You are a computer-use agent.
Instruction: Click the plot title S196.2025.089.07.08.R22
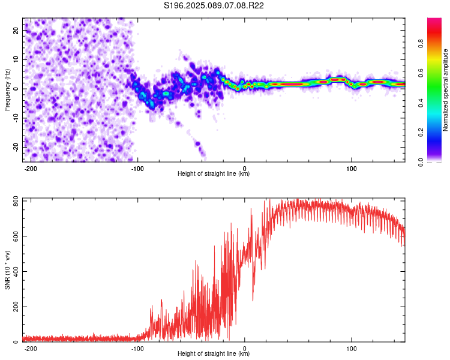click(214, 5)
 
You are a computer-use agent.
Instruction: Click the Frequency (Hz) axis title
click(7, 90)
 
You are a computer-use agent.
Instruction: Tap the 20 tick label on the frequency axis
click(16, 31)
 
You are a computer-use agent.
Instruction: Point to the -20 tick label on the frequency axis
click(16, 148)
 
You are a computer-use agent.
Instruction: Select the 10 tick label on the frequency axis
click(16, 60)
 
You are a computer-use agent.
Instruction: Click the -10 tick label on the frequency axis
click(16, 118)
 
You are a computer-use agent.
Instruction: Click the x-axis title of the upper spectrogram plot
click(214, 173)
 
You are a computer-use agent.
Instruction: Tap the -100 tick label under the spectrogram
click(137, 169)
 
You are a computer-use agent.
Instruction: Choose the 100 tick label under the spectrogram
click(351, 169)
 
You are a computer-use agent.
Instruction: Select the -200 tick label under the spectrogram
click(31, 169)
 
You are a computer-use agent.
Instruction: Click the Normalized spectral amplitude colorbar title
click(445, 90)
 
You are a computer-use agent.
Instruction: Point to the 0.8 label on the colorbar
click(421, 44)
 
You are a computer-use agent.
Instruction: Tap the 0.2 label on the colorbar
click(421, 133)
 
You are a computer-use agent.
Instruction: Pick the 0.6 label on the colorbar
click(421, 73)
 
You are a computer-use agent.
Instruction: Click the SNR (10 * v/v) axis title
click(7, 270)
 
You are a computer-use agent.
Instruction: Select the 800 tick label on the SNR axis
click(16, 202)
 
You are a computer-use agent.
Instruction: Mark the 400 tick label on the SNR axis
click(16, 272)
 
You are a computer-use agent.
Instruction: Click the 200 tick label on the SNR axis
click(16, 307)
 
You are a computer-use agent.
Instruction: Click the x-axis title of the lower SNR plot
click(214, 353)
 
